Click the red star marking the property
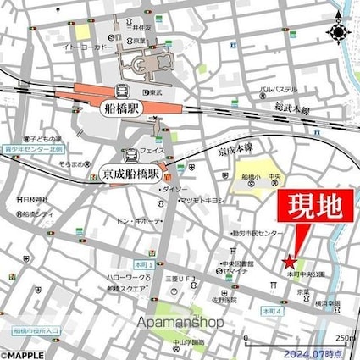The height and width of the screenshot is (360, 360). (x=290, y=260)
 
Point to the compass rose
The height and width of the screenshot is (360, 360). (x=339, y=32)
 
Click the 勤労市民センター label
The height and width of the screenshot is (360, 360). (x=254, y=233)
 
